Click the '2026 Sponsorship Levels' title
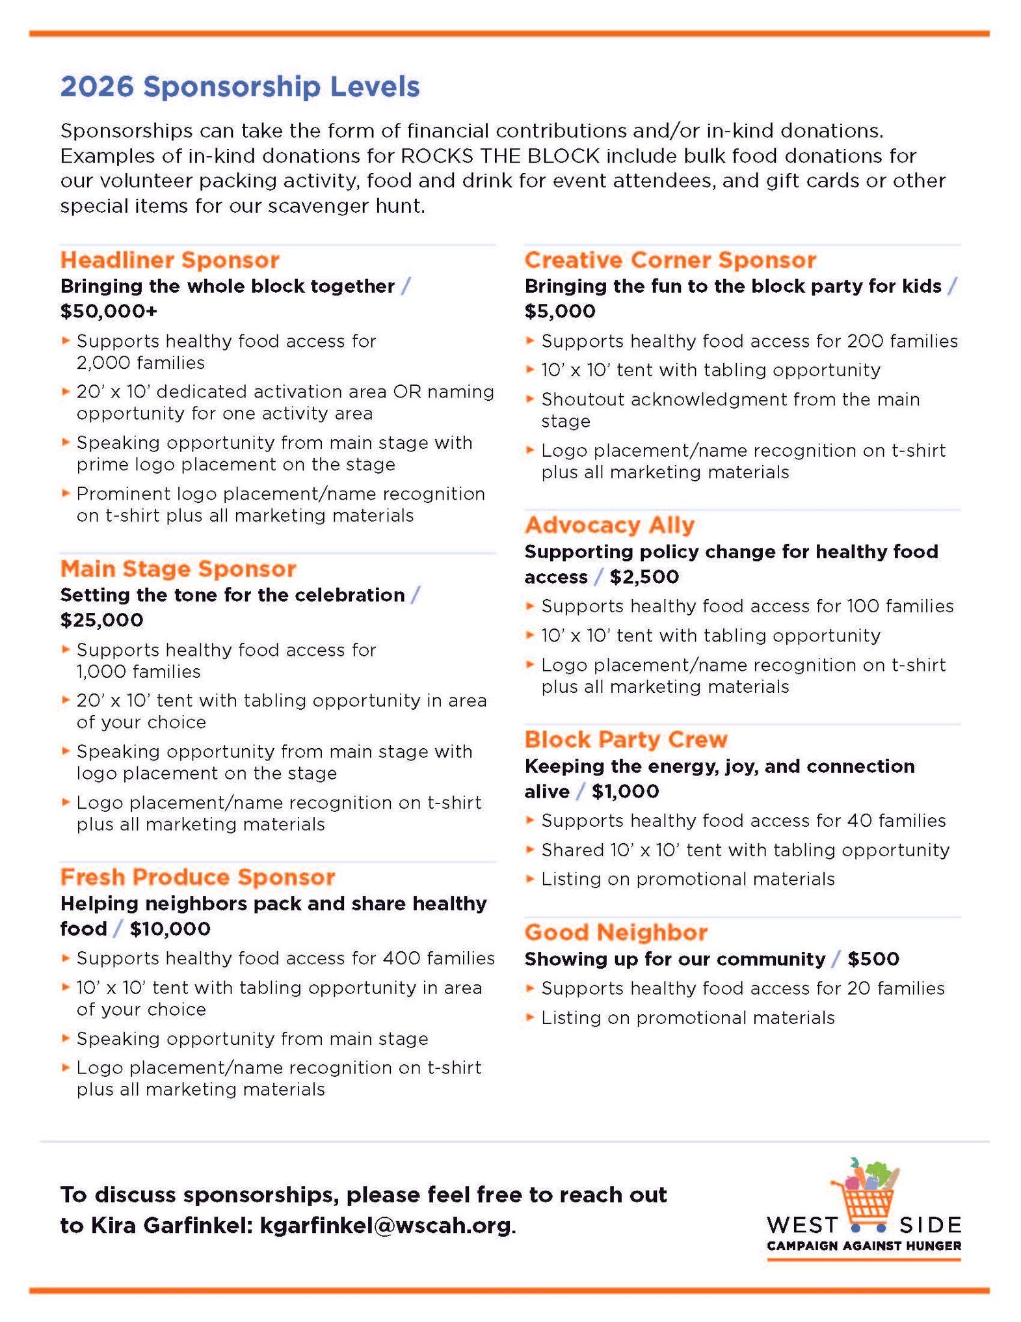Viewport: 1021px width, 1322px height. coord(240,87)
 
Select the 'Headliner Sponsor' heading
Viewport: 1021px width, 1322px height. coord(170,260)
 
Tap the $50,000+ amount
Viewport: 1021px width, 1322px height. coord(109,311)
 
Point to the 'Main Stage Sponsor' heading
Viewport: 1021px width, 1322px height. coord(178,569)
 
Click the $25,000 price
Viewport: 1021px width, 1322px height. coord(101,619)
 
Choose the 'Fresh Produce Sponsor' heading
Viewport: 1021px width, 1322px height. coord(198,877)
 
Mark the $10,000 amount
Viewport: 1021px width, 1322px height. coord(170,928)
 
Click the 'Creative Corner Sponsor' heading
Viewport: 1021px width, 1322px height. coord(670,260)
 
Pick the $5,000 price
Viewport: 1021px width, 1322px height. coord(560,311)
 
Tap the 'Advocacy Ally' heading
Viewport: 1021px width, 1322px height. coord(609,524)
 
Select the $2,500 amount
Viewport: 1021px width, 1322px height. coord(644,576)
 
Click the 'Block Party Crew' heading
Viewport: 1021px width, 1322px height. coord(626,739)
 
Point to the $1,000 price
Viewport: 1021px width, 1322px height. coord(625,791)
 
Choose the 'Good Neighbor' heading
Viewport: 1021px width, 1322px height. coord(616,932)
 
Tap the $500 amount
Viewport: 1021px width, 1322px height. coord(873,959)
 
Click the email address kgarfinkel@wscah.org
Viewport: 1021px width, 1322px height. coord(386,1225)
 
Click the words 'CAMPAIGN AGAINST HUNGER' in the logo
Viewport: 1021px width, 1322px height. coord(864,1246)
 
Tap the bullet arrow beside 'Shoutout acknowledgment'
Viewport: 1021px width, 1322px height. coord(530,398)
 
